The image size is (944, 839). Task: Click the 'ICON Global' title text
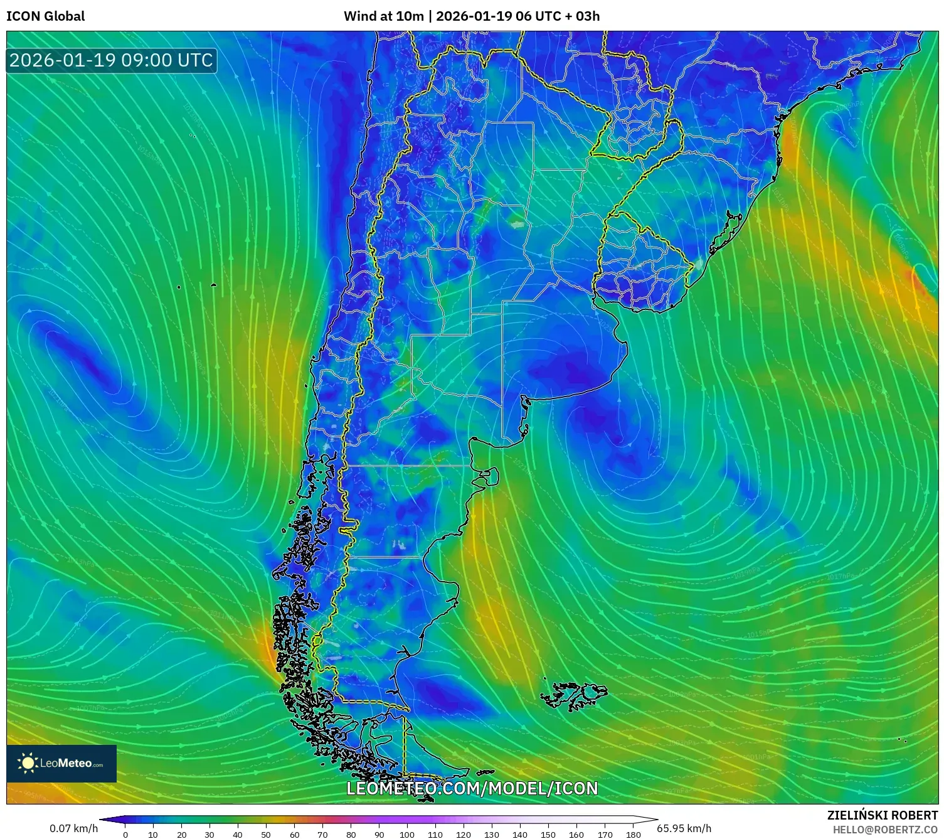point(45,16)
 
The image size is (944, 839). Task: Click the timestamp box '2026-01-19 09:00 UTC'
point(111,60)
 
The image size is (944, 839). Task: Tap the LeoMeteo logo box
point(61,763)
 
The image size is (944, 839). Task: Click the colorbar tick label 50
point(266,835)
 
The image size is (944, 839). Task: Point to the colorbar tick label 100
point(407,835)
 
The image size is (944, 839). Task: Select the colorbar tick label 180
point(634,835)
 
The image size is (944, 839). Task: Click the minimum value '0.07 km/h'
point(73,828)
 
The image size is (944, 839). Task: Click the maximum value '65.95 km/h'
point(684,828)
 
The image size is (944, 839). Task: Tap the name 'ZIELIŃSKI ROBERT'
point(882,815)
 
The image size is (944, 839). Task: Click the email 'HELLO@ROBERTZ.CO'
point(885,830)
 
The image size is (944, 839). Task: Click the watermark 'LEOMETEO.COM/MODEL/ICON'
point(472,788)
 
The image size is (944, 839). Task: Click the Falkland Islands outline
point(574,695)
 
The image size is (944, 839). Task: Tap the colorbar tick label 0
point(125,835)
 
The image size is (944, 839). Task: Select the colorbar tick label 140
point(520,835)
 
